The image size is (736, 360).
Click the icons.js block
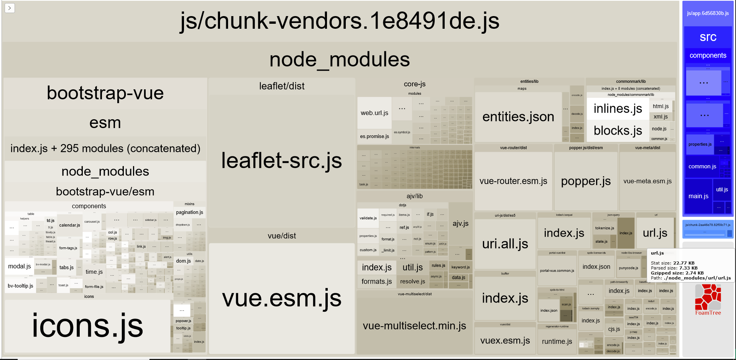[x=87, y=326]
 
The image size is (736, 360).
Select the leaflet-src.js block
[x=281, y=161]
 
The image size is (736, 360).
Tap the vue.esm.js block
[x=281, y=298]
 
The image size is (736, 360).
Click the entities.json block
[x=518, y=117]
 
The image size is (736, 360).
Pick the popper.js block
[x=585, y=181]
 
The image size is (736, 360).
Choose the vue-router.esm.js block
[x=513, y=181]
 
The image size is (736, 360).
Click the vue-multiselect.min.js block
[x=414, y=326]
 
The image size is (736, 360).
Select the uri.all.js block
[x=505, y=244]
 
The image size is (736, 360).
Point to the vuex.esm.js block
[x=505, y=340]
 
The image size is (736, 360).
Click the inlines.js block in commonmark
[x=618, y=109]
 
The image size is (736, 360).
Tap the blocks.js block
[x=618, y=131]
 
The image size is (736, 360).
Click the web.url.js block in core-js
[x=374, y=113]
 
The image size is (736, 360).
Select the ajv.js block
[x=460, y=224]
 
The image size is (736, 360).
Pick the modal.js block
[x=19, y=266]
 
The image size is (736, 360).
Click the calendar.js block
[x=69, y=225]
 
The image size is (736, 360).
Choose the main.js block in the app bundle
[x=698, y=196]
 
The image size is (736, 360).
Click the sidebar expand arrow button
[x=10, y=8]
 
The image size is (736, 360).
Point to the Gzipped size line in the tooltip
[x=677, y=273]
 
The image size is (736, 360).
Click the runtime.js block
[x=557, y=341]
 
